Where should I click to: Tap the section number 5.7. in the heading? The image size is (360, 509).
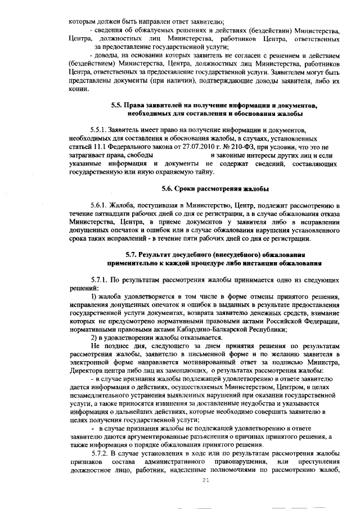coord(133,255)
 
